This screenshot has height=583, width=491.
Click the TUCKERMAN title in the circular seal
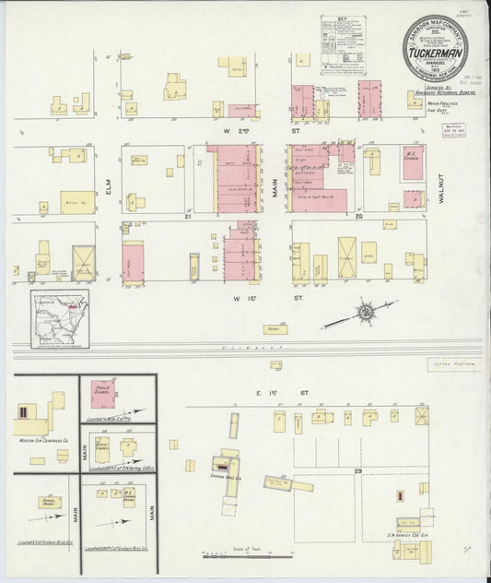437,54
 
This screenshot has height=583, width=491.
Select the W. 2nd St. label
247,132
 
